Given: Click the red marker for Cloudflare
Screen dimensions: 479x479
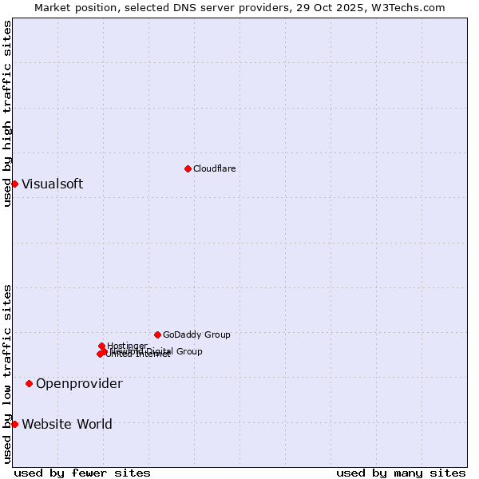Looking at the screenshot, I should pyautogui.click(x=188, y=168).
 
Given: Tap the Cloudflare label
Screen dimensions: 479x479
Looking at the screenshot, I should pyautogui.click(x=214, y=168).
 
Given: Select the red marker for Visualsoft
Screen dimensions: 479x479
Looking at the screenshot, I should pyautogui.click(x=14, y=184).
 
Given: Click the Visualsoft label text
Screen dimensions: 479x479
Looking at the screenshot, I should pyautogui.click(x=52, y=184).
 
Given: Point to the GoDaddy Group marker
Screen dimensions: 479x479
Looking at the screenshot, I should pyautogui.click(x=157, y=335).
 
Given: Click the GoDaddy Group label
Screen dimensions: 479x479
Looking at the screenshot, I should pyautogui.click(x=196, y=335).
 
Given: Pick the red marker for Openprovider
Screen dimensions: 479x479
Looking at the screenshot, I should pyautogui.click(x=30, y=383).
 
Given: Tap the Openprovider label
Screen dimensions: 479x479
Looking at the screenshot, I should pyautogui.click(x=79, y=383).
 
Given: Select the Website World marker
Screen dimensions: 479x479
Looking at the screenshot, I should pyautogui.click(x=14, y=424).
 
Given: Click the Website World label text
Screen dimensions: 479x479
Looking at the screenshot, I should pyautogui.click(x=67, y=424).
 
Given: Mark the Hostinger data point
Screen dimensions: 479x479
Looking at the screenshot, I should pyautogui.click(x=101, y=346).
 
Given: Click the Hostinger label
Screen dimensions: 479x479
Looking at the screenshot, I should pyautogui.click(x=127, y=346).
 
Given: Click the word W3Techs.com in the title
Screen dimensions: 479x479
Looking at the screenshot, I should pyautogui.click(x=412, y=7).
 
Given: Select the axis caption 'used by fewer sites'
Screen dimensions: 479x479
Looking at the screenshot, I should pyautogui.click(x=82, y=473).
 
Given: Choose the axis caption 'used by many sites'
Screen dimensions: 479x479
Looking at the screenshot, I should pyautogui.click(x=401, y=473).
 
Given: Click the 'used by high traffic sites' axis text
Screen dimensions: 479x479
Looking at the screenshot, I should pyautogui.click(x=7, y=114).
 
